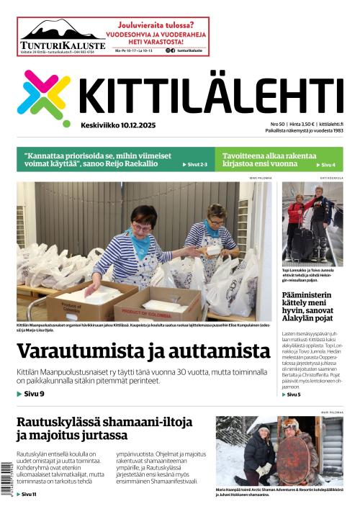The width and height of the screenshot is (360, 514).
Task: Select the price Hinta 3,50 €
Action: point(301,124)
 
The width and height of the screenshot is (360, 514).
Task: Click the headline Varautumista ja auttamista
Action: point(143,351)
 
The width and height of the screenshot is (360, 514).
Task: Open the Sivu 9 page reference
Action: point(32,394)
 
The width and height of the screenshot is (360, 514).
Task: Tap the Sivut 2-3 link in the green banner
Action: point(196,165)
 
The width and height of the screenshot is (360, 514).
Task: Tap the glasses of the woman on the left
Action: point(142,227)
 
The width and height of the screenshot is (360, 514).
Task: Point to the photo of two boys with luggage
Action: point(312,224)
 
